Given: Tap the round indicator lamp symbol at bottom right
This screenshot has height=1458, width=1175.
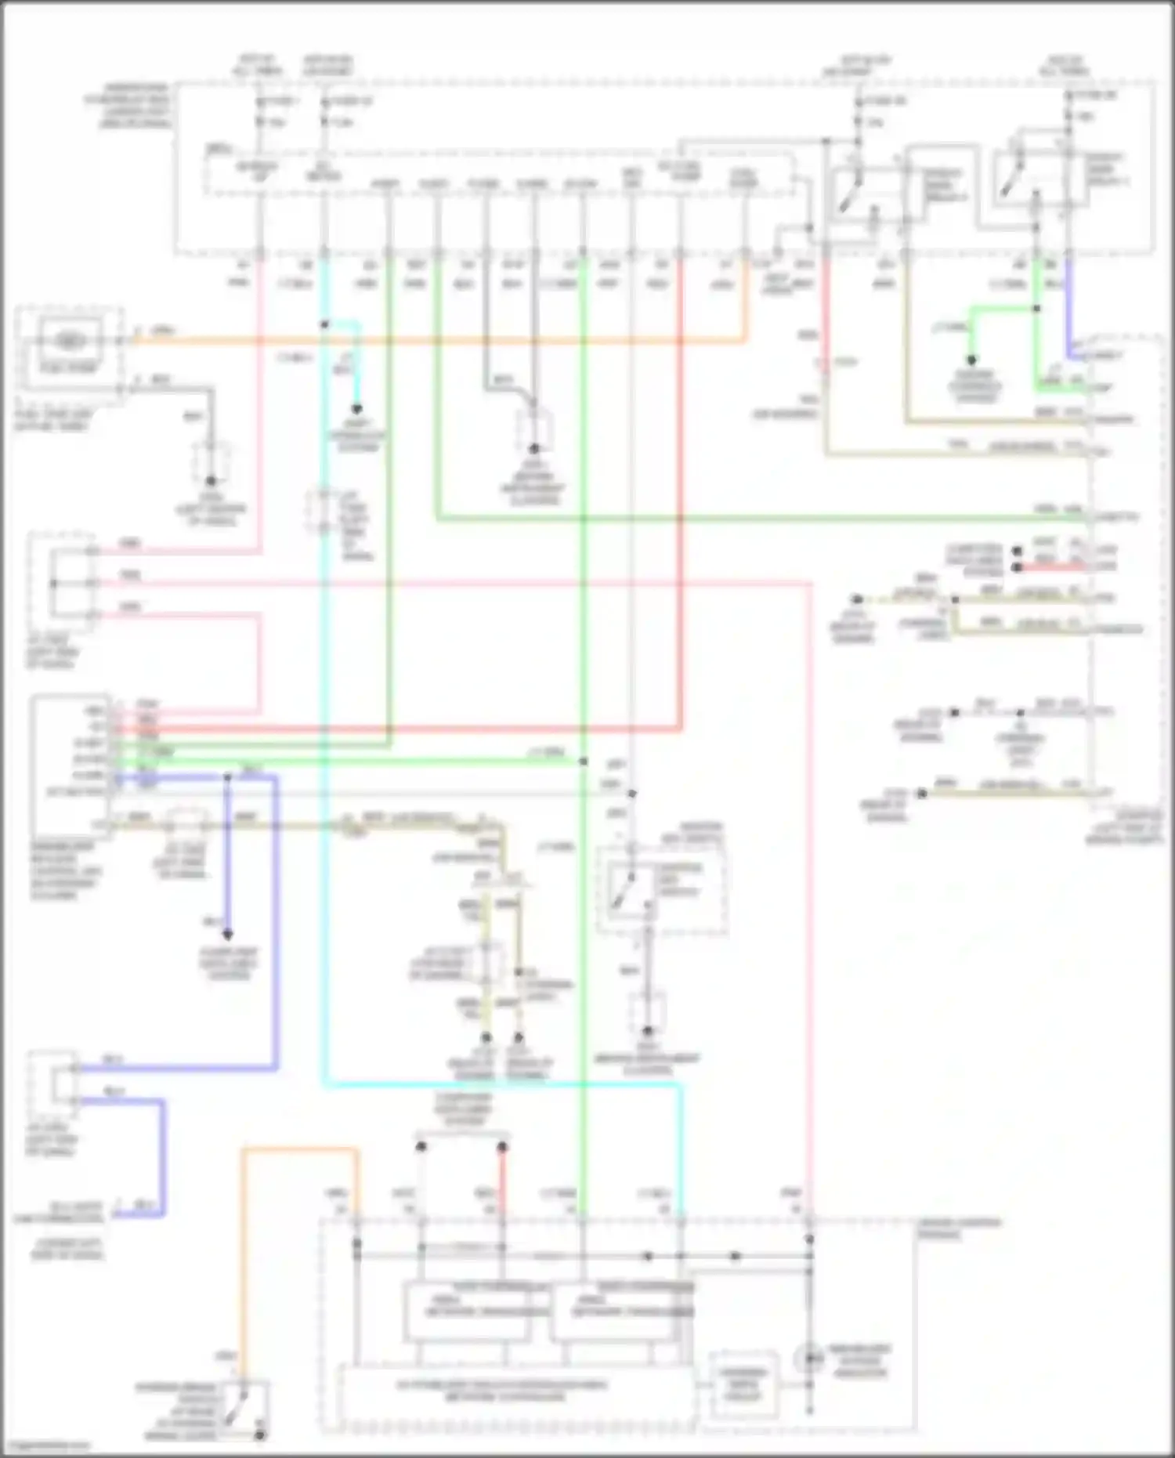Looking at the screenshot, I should tap(809, 1357).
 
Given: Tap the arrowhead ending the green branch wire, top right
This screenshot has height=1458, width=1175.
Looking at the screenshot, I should tap(971, 360).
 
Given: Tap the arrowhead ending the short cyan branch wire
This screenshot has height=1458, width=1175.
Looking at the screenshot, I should tap(356, 409).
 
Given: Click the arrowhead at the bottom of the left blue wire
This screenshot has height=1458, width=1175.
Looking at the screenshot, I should tap(228, 934).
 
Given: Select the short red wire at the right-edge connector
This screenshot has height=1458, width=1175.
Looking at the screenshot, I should tap(1050, 566).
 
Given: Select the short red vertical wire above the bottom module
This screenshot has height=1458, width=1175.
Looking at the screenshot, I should tap(502, 1183).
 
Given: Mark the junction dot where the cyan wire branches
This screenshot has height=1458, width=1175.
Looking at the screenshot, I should tap(325, 324).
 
